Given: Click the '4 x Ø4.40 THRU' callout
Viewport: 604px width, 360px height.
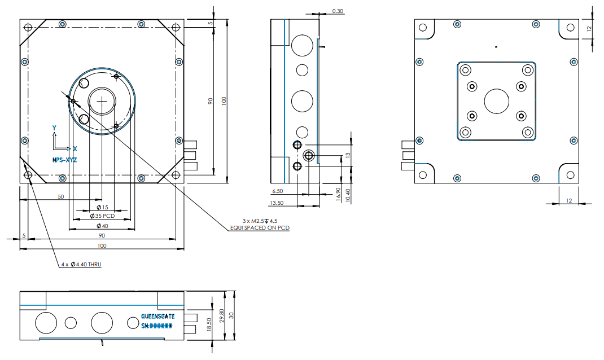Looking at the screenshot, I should [x=81, y=264].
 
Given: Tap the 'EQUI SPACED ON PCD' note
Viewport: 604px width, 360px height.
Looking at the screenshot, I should [x=259, y=228].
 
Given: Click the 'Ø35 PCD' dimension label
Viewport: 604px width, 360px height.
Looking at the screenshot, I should [x=102, y=216].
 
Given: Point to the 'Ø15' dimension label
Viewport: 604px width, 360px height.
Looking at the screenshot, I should [x=102, y=208].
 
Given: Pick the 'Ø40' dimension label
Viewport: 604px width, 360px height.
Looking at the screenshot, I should [x=102, y=226].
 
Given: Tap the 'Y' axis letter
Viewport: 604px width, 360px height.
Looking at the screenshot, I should [x=54, y=128].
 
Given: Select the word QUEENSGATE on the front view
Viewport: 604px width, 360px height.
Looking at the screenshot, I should [x=158, y=317].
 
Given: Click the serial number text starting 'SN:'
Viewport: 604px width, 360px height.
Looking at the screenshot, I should [x=156, y=326].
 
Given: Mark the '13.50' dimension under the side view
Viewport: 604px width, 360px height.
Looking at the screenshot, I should [x=277, y=203].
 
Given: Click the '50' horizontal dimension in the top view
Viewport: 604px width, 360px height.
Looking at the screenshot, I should [x=60, y=197].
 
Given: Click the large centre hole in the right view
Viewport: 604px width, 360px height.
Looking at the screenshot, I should [x=496, y=101].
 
